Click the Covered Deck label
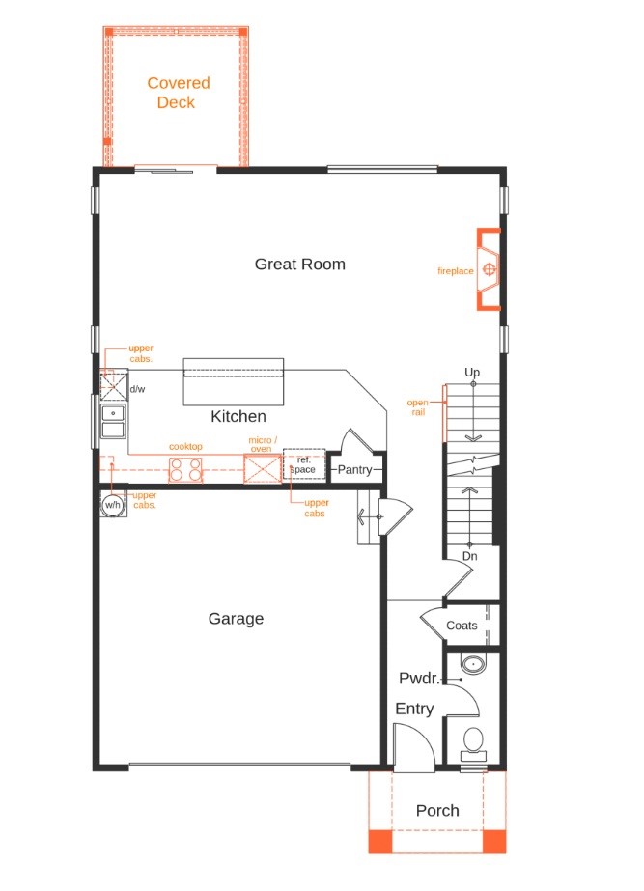tap(178, 93)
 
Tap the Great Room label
tap(299, 265)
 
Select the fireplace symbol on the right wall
tap(490, 270)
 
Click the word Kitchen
tap(238, 417)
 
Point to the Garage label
tap(236, 619)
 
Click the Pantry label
tap(354, 470)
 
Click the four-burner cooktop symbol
tap(186, 469)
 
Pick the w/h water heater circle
tap(113, 505)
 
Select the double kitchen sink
tap(113, 423)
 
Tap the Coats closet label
tap(462, 626)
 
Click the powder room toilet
tap(473, 741)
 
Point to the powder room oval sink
tap(474, 665)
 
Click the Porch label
tap(437, 811)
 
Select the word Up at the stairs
tap(472, 373)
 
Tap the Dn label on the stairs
tap(469, 556)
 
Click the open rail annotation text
tap(417, 407)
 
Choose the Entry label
tap(414, 710)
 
